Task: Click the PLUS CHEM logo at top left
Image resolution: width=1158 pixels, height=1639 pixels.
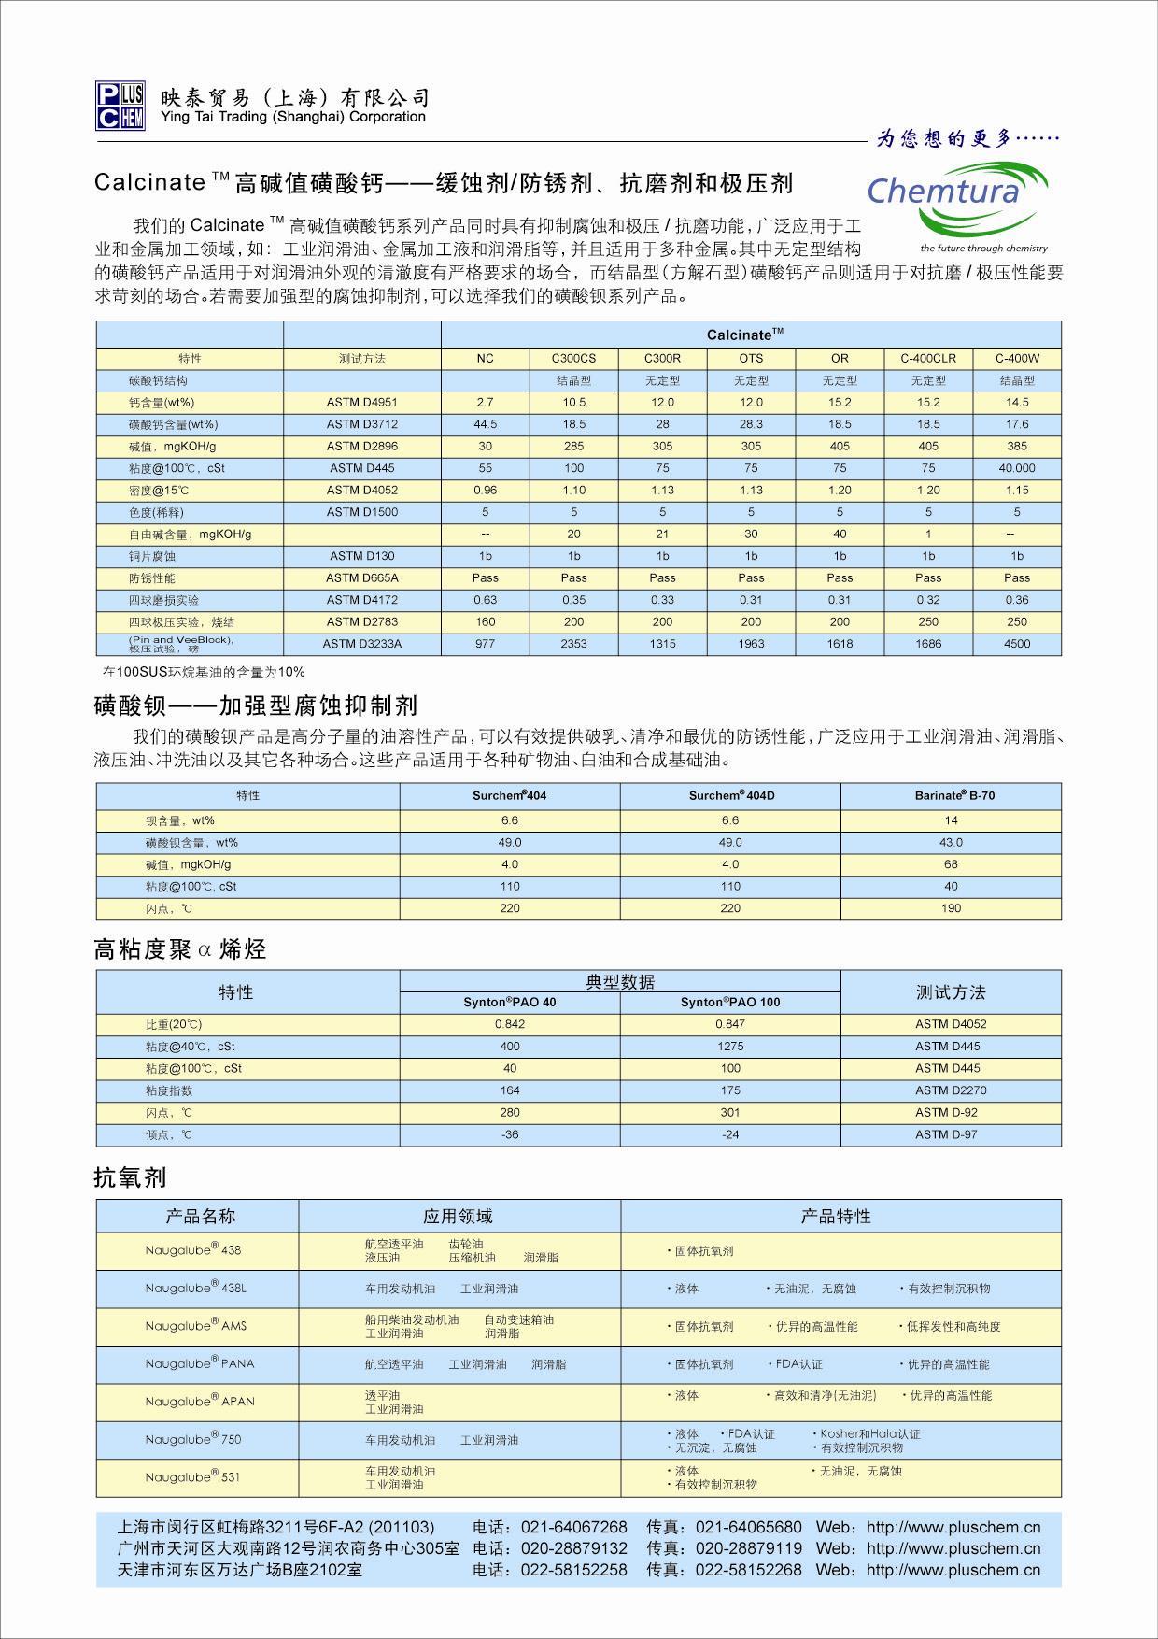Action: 120,106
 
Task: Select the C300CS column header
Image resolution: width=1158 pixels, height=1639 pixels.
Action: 573,359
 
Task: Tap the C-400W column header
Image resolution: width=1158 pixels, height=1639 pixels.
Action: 1017,359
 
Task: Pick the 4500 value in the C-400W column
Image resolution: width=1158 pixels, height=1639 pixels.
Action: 1017,644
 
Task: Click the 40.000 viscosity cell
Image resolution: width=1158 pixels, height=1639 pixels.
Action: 1017,468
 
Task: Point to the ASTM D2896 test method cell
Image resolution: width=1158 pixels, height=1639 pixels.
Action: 362,447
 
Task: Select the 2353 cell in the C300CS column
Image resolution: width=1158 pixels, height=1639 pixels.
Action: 573,644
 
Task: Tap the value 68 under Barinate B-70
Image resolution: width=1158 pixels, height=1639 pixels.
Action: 951,864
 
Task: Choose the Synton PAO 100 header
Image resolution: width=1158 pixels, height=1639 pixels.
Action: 730,1003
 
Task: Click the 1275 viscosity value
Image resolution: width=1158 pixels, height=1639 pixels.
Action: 730,1047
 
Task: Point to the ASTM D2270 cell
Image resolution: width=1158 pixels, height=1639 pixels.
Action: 951,1090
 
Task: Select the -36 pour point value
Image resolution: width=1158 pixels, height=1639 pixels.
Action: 510,1134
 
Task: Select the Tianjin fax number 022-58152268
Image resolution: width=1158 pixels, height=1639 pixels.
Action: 749,1570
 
